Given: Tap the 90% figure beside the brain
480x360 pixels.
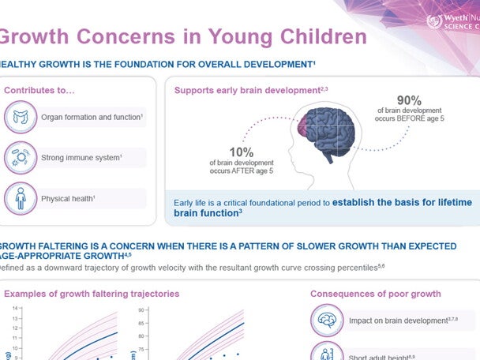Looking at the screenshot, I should (x=408, y=100).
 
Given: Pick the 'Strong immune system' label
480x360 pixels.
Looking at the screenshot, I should (x=82, y=158).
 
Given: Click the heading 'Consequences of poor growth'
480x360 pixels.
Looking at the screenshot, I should (x=375, y=294).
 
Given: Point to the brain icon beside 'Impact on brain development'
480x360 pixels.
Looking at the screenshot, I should (x=327, y=321).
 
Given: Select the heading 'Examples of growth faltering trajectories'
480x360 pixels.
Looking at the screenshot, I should (x=92, y=294).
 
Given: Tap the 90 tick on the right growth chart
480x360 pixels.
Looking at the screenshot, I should (x=141, y=310).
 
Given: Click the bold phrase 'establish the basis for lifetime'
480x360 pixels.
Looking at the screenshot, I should (x=404, y=201).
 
